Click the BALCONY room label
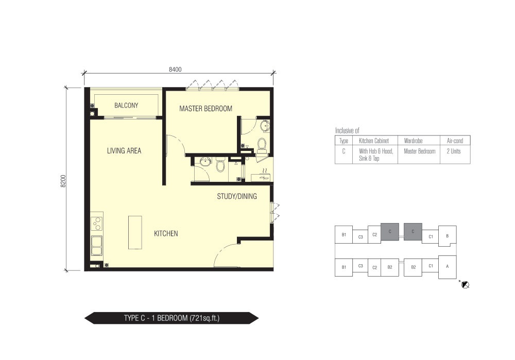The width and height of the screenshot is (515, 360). tap(126, 106)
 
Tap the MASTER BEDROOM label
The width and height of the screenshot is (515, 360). tap(205, 109)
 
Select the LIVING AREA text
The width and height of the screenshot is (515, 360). tap(124, 151)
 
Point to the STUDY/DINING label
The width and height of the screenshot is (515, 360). tap(237, 196)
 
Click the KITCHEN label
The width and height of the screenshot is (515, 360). tap(166, 233)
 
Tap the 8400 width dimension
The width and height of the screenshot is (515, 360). tap(175, 70)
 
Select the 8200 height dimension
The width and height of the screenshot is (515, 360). tap(63, 181)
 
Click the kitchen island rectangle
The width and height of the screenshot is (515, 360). tap(135, 233)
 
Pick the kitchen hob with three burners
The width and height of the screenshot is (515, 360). tap(97, 223)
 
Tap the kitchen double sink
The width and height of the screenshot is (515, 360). tap(97, 246)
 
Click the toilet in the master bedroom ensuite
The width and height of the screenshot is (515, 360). tap(262, 146)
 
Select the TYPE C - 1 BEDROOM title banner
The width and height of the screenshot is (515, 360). tap(171, 318)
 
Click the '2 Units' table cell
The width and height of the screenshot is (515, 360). tap(454, 151)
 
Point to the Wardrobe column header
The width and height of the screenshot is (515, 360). tap(413, 141)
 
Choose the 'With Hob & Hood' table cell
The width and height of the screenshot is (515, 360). tap(376, 151)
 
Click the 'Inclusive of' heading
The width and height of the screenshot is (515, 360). tap(347, 130)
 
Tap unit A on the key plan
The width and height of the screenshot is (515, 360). tap(448, 267)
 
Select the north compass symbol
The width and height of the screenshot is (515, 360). tap(465, 285)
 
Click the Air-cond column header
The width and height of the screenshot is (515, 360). tap(455, 141)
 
